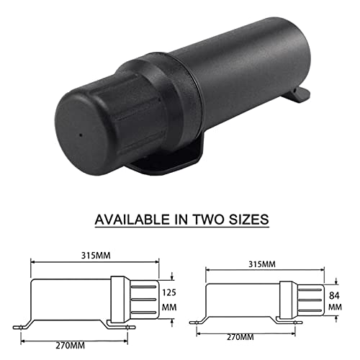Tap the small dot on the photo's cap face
[x=81, y=134]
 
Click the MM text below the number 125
[x=169, y=307]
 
